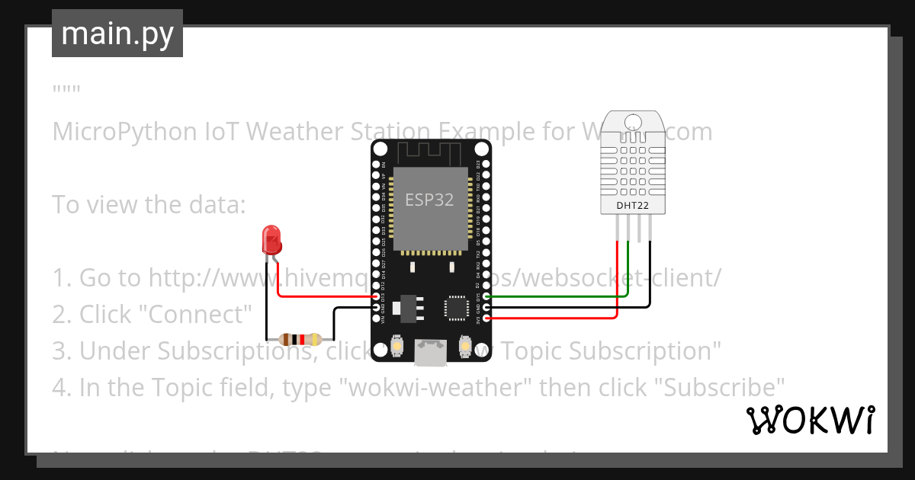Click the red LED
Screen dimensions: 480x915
[270, 239]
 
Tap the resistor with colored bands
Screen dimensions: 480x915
[300, 340]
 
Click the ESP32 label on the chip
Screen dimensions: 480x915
[429, 200]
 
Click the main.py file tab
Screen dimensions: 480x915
[117, 34]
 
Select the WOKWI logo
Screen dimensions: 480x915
[810, 420]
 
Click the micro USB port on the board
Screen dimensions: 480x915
[430, 351]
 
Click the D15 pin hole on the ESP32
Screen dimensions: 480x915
[486, 296]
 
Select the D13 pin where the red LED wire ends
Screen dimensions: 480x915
[376, 296]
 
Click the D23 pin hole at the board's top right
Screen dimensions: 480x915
[486, 164]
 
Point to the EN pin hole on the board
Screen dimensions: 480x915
[376, 164]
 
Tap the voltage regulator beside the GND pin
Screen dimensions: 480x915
[402, 306]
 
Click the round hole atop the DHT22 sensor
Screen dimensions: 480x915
[632, 122]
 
